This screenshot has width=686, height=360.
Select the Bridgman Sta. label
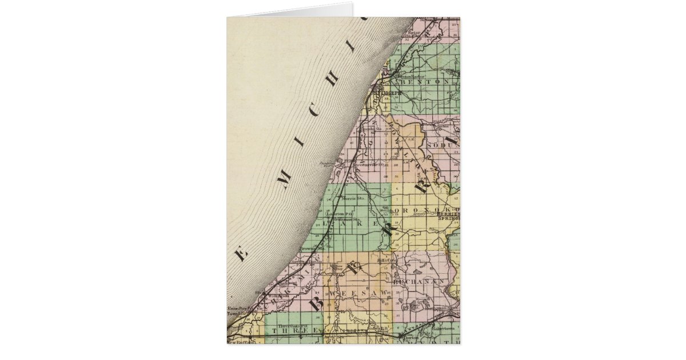[x=346, y=219]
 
